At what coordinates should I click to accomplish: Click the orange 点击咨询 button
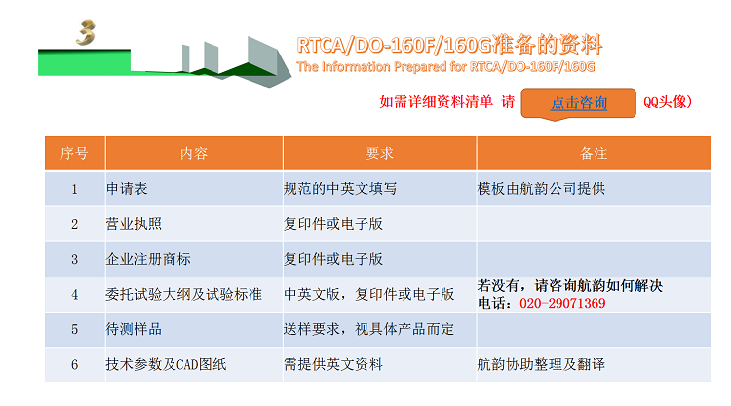pyautogui.click(x=578, y=103)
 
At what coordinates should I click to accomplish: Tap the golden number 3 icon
pyautogui.click(x=86, y=32)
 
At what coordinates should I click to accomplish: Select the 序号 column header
pyautogui.click(x=75, y=153)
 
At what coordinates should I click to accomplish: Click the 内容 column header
pyautogui.click(x=194, y=153)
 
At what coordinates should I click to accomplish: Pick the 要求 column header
pyautogui.click(x=379, y=153)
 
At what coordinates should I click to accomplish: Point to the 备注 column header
pyautogui.click(x=594, y=153)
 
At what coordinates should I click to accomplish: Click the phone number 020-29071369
pyautogui.click(x=562, y=303)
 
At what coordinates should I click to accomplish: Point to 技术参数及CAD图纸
pyautogui.click(x=166, y=364)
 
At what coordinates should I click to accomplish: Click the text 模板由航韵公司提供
pyautogui.click(x=541, y=189)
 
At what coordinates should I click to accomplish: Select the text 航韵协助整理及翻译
pyautogui.click(x=541, y=364)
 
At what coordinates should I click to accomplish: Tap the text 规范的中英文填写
pyautogui.click(x=340, y=189)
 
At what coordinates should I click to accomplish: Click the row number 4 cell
pyautogui.click(x=75, y=295)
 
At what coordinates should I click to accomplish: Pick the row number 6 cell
pyautogui.click(x=75, y=364)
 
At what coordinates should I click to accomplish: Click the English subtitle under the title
pyautogui.click(x=445, y=67)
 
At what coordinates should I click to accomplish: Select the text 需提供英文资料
pyautogui.click(x=333, y=364)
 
